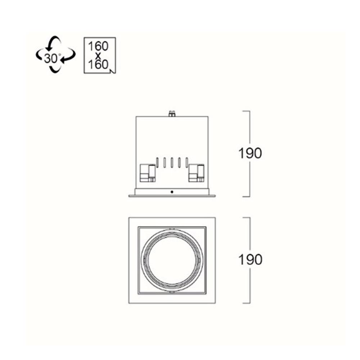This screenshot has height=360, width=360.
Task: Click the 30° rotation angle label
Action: [51, 58]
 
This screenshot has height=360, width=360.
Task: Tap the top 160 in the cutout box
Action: [98, 46]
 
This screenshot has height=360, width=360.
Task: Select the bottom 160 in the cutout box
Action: [98, 64]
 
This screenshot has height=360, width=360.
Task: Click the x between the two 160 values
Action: [98, 55]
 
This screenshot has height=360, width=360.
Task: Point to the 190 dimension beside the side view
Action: [250, 153]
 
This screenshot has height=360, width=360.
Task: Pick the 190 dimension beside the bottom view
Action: [250, 260]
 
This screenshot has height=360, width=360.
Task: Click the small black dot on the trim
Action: [172, 192]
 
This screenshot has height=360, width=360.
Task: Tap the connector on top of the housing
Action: [172, 114]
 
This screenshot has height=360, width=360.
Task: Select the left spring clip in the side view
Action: [148, 173]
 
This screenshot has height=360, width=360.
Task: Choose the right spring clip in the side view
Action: [197, 173]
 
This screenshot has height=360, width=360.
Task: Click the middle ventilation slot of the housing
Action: [172, 162]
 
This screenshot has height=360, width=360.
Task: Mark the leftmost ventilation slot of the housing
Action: [157, 162]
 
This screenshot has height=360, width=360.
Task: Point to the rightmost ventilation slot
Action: [186, 162]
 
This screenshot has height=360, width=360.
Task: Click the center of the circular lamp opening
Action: [172, 260]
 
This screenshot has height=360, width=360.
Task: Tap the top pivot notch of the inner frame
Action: [172, 229]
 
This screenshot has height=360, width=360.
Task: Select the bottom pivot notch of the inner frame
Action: [172, 292]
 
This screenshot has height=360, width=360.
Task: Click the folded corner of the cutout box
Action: [113, 71]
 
